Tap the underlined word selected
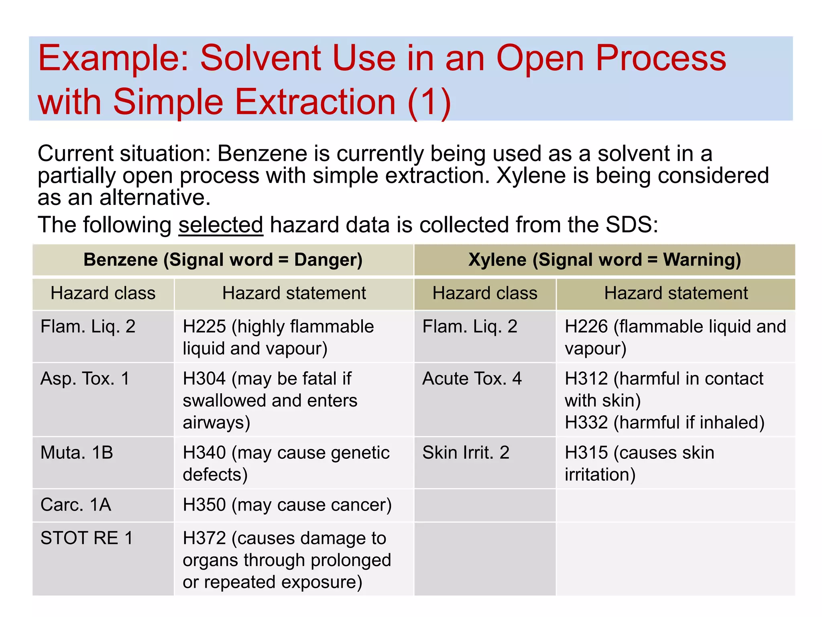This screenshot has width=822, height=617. pos(221,225)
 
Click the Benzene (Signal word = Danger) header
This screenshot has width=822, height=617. pos(223,259)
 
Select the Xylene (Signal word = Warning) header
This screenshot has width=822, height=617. pos(604,259)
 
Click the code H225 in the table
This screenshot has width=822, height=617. pos(204,327)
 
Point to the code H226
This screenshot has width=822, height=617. pos(586,327)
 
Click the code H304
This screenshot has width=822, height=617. pos(204,379)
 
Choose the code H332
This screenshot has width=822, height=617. pos(586,423)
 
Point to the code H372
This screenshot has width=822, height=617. pos(204,538)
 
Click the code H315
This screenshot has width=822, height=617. pos(586,453)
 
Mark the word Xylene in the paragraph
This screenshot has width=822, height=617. pos(531,176)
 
